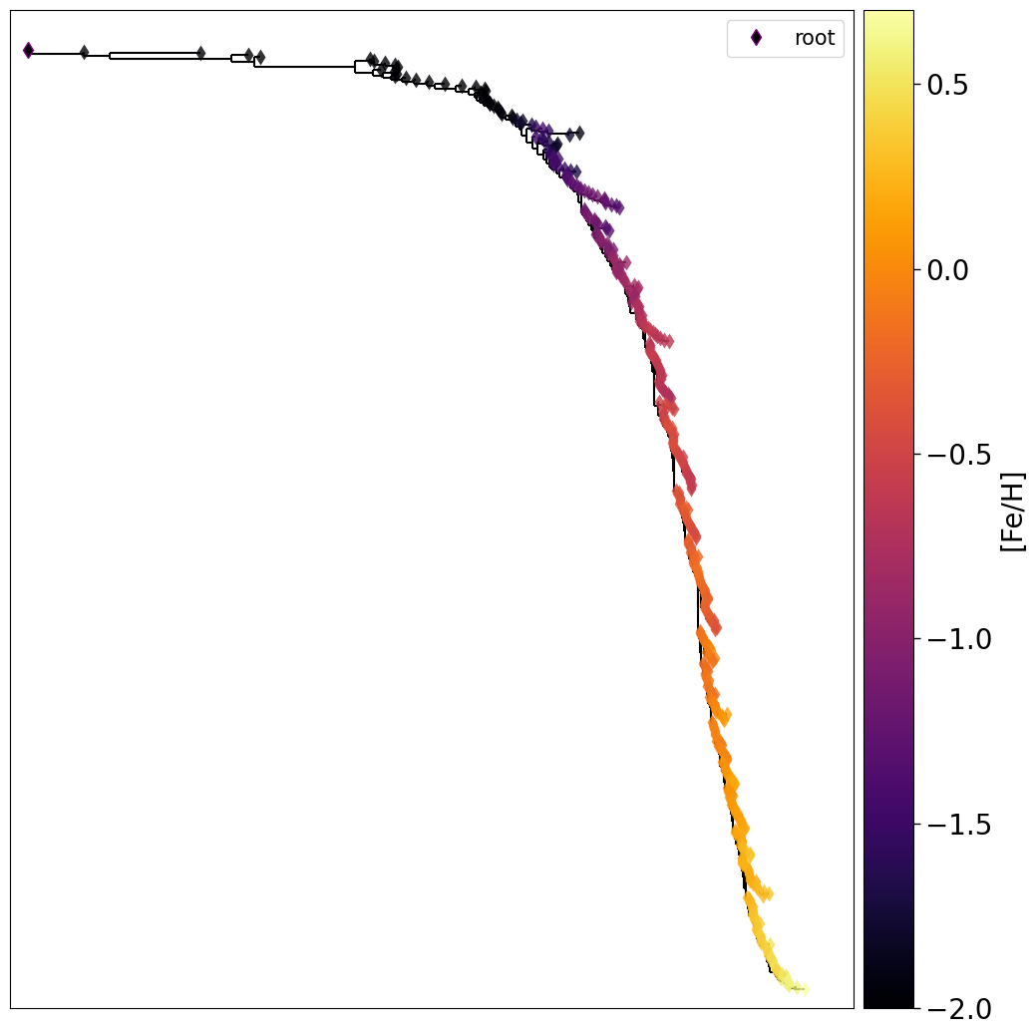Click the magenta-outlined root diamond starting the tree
tap(28, 50)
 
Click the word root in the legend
tap(814, 38)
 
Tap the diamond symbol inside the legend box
tap(756, 38)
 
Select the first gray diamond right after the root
tap(84, 52)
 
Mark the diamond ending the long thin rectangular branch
tap(200, 53)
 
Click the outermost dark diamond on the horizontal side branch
tap(579, 132)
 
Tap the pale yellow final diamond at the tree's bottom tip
tap(803, 988)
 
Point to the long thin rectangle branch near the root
tap(155, 56)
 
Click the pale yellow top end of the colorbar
tap(888, 15)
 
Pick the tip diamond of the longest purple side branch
tap(618, 206)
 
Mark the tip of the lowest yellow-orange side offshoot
tap(768, 893)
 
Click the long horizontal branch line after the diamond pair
tap(304, 67)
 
